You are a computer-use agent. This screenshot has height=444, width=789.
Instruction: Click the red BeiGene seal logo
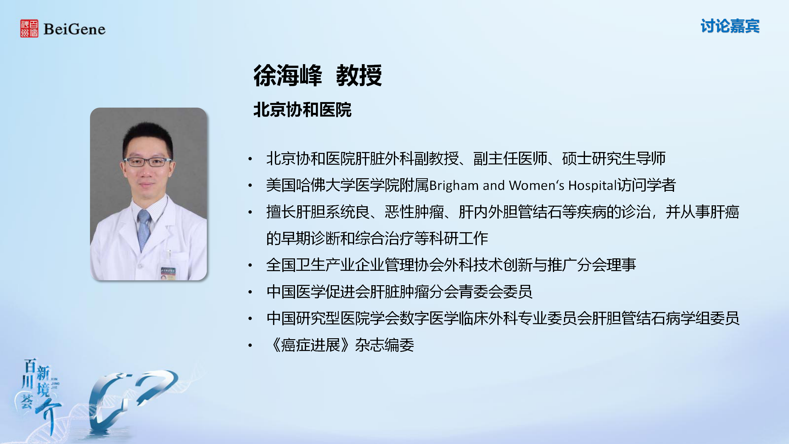click(x=29, y=28)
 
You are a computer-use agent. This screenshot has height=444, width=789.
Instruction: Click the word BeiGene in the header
click(x=75, y=29)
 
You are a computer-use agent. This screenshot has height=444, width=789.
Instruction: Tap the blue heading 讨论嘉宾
click(x=730, y=26)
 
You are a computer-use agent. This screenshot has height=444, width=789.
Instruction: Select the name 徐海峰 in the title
click(x=288, y=76)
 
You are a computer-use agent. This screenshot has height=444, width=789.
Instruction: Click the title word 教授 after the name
click(x=359, y=76)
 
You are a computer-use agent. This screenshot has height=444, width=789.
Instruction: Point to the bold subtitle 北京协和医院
click(x=302, y=110)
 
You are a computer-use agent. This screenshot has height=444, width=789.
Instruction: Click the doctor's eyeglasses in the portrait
click(x=148, y=162)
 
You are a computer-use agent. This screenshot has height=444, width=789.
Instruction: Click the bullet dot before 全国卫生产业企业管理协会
click(x=250, y=265)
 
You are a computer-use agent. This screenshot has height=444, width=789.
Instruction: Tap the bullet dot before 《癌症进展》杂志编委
click(x=250, y=345)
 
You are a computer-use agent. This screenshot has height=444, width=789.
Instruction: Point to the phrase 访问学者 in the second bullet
click(x=646, y=185)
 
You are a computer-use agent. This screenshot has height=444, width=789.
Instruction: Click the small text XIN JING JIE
click(x=55, y=383)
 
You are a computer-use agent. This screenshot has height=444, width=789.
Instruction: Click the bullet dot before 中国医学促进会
click(x=250, y=292)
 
